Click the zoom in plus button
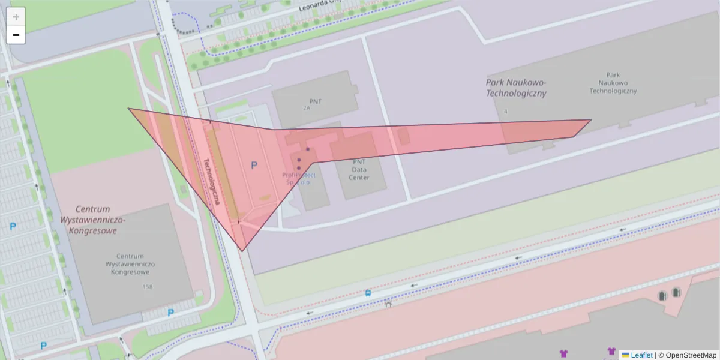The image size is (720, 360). coord(16,17)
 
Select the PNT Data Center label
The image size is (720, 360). coord(359,170)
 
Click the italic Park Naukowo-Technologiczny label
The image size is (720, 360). coord(516,88)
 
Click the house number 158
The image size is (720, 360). coord(148,287)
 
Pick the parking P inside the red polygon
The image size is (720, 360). coord(254,165)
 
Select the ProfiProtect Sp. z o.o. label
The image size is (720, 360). coord(298,178)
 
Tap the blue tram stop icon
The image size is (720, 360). coord(367,293)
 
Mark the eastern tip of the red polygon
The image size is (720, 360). coord(591,120)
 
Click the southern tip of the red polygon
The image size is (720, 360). coord(242,251)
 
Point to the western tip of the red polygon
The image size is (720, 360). coord(128,109)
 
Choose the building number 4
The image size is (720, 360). coord(506,112)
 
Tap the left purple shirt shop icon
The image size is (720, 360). coord(563,353)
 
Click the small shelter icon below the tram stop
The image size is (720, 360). coord(388,304)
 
